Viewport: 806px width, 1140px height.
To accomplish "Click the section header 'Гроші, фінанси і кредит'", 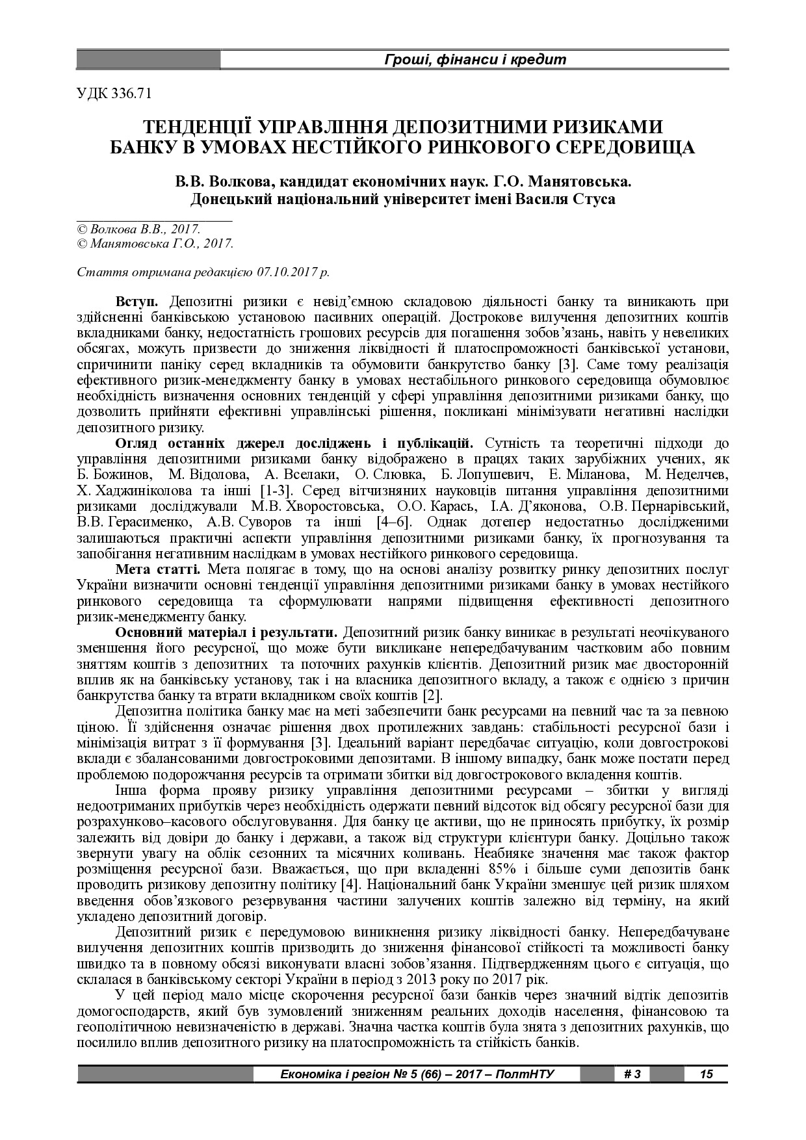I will (x=474, y=60).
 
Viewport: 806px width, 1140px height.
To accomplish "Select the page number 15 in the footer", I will (x=706, y=1074).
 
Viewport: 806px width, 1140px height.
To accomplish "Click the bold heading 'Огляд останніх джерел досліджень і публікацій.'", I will (x=294, y=443).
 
